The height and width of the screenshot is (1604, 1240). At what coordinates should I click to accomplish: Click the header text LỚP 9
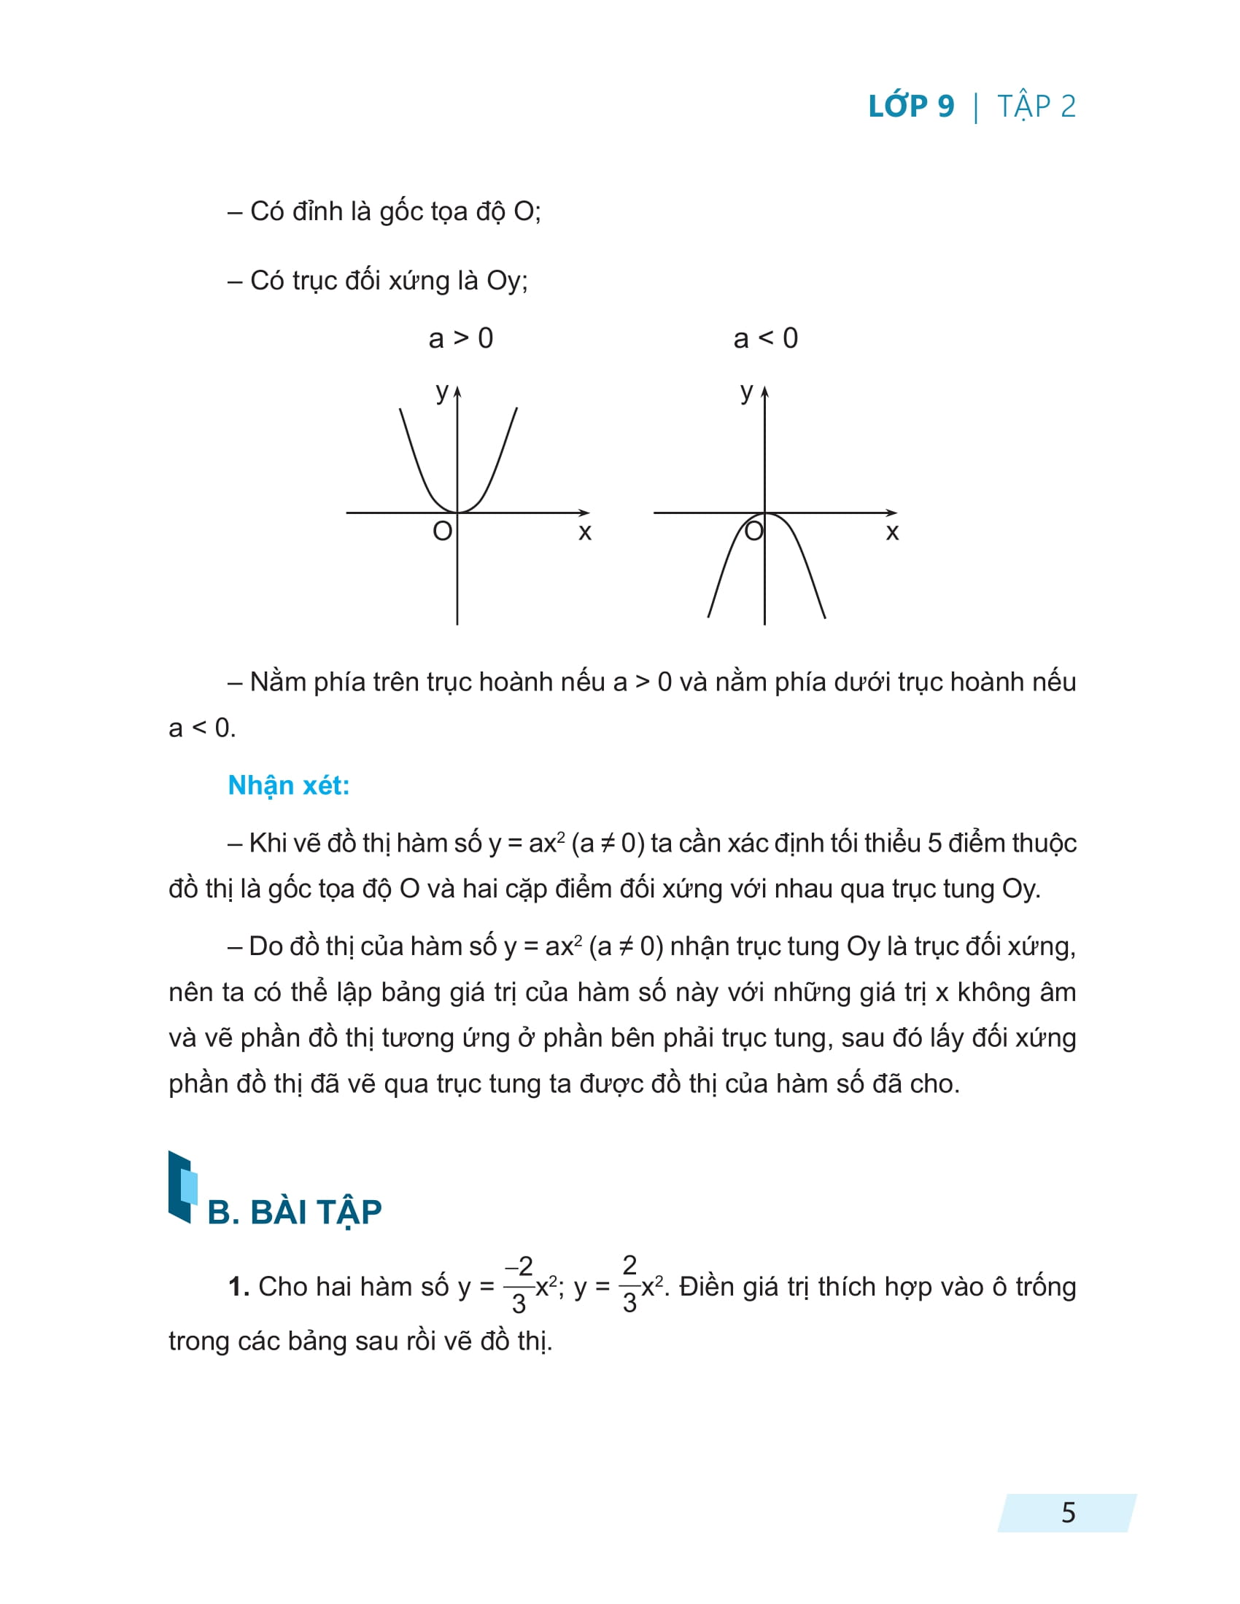click(x=911, y=106)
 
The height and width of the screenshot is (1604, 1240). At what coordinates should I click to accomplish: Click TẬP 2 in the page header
click(x=1036, y=106)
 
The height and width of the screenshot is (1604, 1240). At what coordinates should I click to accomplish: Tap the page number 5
click(x=1068, y=1512)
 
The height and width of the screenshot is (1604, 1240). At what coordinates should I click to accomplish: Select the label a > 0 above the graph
click(x=460, y=338)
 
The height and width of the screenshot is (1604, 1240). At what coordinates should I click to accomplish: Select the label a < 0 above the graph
click(x=765, y=338)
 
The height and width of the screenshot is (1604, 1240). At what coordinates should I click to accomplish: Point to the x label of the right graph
click(x=892, y=531)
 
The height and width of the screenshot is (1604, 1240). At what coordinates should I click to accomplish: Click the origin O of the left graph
click(x=442, y=530)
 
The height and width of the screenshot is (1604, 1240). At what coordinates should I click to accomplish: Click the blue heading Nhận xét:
click(x=289, y=785)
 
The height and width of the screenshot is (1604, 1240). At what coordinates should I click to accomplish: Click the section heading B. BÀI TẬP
click(x=295, y=1212)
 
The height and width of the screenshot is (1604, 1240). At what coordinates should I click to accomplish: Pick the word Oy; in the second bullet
click(x=507, y=281)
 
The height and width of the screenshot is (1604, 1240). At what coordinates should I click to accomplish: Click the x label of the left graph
click(x=585, y=531)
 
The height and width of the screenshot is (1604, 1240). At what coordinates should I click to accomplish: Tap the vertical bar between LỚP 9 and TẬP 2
click(x=975, y=107)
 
